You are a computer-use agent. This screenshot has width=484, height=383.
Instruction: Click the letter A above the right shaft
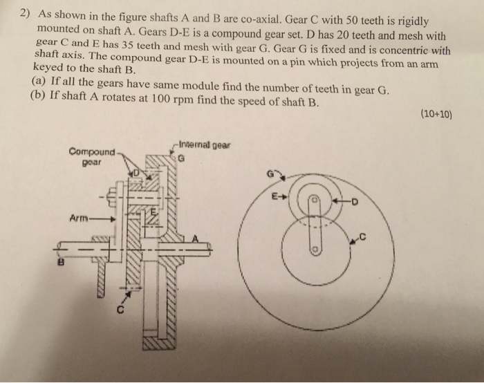[x=195, y=238]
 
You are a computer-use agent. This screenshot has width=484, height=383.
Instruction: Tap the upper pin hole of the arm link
[x=313, y=198]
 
